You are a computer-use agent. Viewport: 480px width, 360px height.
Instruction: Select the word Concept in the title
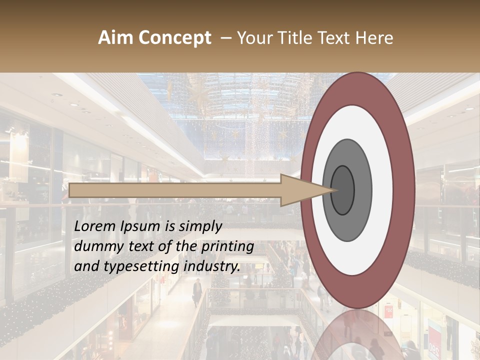174,38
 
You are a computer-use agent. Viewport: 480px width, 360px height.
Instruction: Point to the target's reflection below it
357,335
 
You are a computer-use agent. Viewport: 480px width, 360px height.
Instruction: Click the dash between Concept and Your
226,38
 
